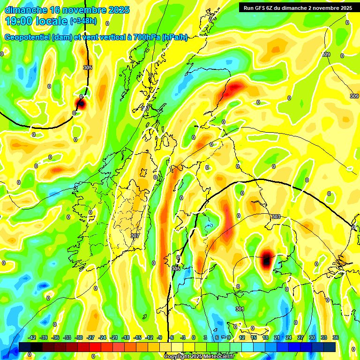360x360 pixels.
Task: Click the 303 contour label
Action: (x=276, y=217)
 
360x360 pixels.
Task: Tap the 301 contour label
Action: (x=240, y=309)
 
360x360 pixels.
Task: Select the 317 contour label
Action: (x=146, y=108)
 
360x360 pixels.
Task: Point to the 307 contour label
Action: (x=135, y=236)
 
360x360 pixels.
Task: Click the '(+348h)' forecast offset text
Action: (x=83, y=21)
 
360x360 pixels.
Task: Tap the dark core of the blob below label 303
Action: (x=266, y=259)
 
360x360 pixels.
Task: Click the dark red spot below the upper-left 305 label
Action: (x=80, y=104)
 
